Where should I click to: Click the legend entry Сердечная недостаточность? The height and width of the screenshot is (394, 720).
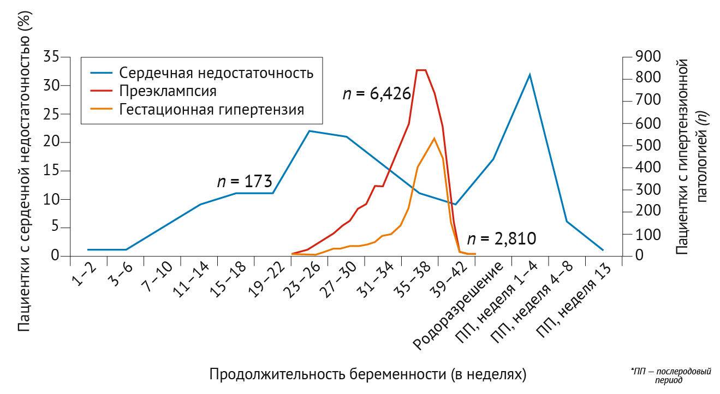pyautogui.click(x=216, y=73)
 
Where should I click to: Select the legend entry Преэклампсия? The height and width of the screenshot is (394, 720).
pyautogui.click(x=168, y=91)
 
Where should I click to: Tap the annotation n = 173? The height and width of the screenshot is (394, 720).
pyautogui.click(x=245, y=182)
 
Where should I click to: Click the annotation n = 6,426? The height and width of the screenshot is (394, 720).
pyautogui.click(x=377, y=94)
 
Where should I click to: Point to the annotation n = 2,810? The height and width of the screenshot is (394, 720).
pyautogui.click(x=502, y=239)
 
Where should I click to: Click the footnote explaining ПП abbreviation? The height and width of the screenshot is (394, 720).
pyautogui.click(x=671, y=375)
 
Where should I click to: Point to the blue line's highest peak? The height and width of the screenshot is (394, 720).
pyautogui.click(x=529, y=74)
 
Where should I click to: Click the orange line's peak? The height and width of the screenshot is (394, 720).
pyautogui.click(x=434, y=138)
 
